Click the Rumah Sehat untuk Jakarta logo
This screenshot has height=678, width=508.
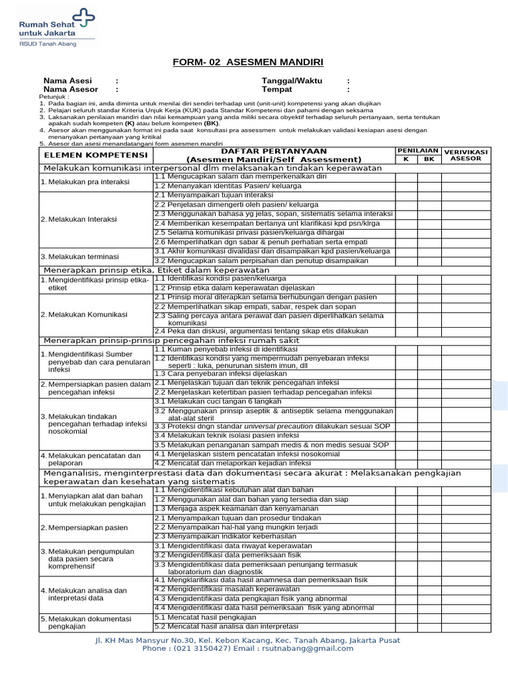(x=56, y=27)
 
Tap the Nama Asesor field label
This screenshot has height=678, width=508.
(x=71, y=89)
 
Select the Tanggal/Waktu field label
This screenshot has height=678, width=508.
(x=292, y=80)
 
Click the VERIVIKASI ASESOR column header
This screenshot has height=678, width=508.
(x=466, y=155)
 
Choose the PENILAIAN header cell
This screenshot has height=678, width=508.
(x=417, y=151)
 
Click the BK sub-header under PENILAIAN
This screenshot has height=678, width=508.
(x=429, y=160)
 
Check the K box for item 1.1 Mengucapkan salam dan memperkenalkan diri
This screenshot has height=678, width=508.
(x=406, y=177)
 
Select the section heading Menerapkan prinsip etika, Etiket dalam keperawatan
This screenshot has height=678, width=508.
(x=156, y=270)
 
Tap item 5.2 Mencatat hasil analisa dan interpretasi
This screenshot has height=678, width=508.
(x=226, y=626)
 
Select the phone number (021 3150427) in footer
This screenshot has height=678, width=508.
(x=203, y=649)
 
